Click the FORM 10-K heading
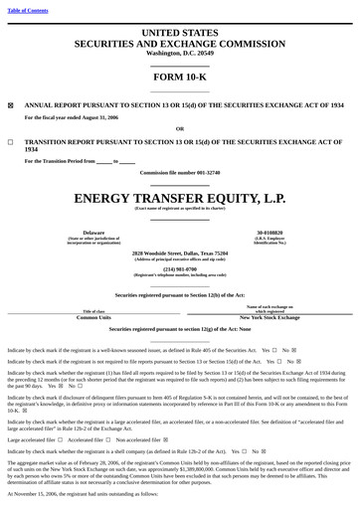(179, 77)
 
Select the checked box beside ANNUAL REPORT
(11, 103)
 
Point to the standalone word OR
(179, 128)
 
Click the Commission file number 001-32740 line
(179, 173)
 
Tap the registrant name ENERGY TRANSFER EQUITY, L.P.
(179, 197)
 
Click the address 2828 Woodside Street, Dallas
(179, 254)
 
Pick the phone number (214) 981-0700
(179, 268)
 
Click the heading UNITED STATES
(179, 33)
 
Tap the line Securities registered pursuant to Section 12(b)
(179, 295)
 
